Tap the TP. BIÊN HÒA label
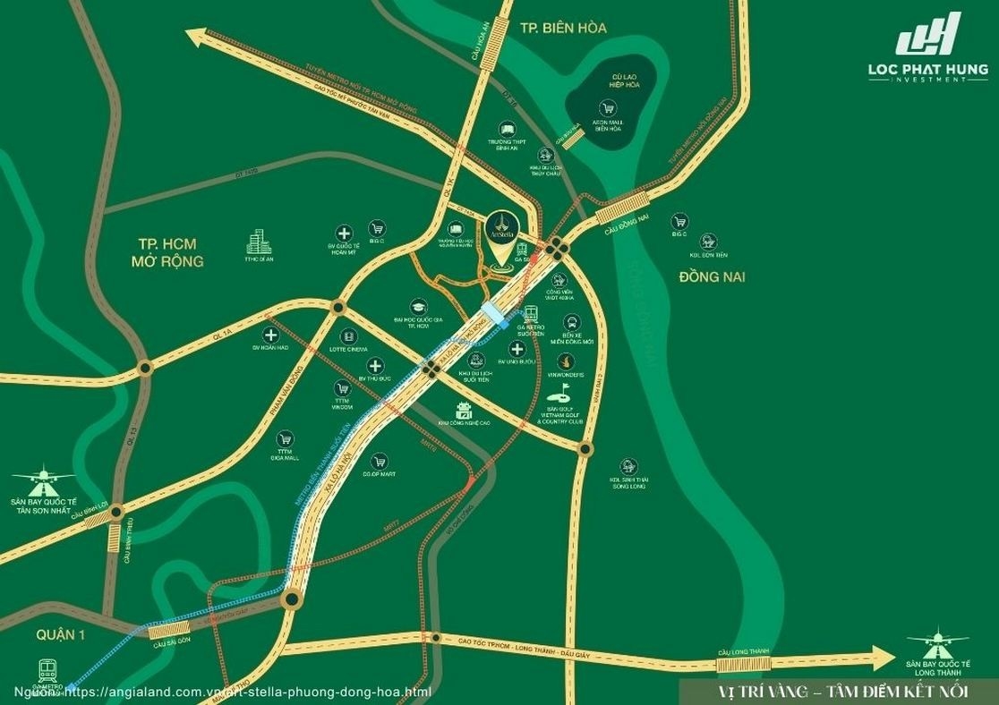[563, 28]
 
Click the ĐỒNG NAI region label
[712, 276]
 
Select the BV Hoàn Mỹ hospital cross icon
[343, 231]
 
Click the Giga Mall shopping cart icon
[285, 439]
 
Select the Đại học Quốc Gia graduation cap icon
[416, 306]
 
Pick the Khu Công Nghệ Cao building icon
[464, 411]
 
